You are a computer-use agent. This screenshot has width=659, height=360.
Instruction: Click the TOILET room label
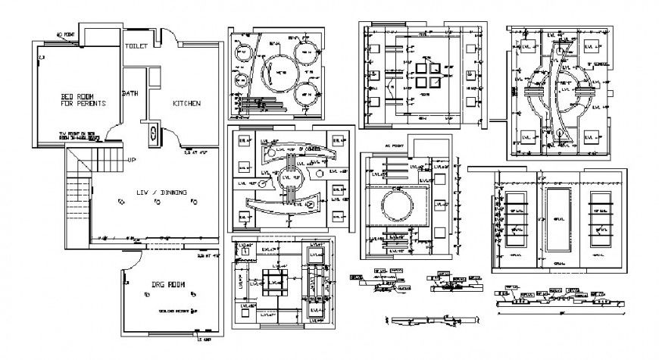pos(136,45)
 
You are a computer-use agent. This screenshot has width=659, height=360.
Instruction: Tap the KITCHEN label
pos(186,103)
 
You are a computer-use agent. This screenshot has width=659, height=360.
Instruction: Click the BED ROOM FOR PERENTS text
pos(83,99)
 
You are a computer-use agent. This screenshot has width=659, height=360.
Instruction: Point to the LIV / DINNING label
pos(161,193)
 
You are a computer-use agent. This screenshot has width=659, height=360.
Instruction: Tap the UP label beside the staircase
pos(132,160)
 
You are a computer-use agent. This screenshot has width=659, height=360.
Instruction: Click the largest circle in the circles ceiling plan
pos(280,74)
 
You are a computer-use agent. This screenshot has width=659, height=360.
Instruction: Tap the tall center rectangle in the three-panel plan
pos(559,220)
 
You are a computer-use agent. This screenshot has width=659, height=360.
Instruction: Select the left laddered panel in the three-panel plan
pos(517,220)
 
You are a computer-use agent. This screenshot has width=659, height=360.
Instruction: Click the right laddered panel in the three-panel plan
pos(601,220)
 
